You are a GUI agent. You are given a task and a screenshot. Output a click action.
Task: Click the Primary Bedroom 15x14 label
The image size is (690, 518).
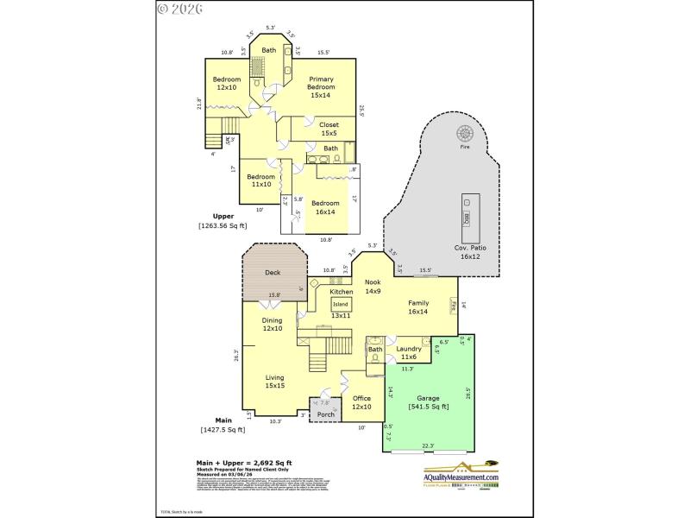point(322,87)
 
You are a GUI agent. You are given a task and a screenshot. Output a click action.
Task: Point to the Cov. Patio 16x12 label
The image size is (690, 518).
point(471,252)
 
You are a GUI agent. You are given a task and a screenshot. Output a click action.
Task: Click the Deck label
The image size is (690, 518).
point(273,273)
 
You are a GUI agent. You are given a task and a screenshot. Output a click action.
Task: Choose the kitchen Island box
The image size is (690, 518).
point(342,304)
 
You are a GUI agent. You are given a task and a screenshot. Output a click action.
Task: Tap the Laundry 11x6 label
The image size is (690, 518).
point(409,353)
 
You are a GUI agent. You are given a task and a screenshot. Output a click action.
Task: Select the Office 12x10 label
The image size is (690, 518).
point(361,402)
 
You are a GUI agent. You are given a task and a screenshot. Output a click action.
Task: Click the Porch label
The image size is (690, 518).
point(326,415)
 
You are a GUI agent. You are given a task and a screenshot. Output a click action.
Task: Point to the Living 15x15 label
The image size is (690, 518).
point(274,382)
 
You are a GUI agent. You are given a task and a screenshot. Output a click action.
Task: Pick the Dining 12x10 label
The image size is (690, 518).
point(273,324)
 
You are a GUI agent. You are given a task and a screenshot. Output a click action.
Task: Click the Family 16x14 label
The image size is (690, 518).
point(418,307)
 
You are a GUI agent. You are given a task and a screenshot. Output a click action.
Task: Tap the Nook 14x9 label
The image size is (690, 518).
point(373,287)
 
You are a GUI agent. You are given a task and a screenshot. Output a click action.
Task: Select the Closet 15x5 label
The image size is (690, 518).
point(329,129)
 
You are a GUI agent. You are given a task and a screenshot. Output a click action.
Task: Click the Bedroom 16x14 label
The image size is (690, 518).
point(326,207)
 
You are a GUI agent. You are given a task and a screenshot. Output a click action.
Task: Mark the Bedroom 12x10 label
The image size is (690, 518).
point(227,84)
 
